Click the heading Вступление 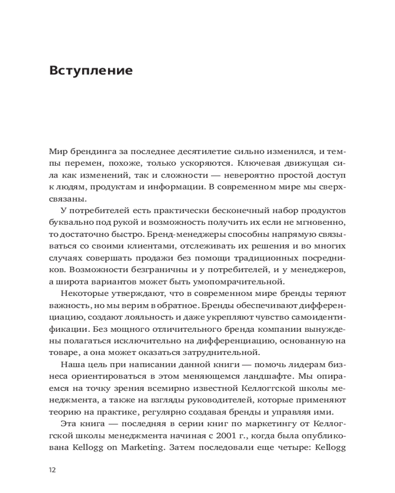(91, 70)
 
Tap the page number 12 (53, 470)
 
